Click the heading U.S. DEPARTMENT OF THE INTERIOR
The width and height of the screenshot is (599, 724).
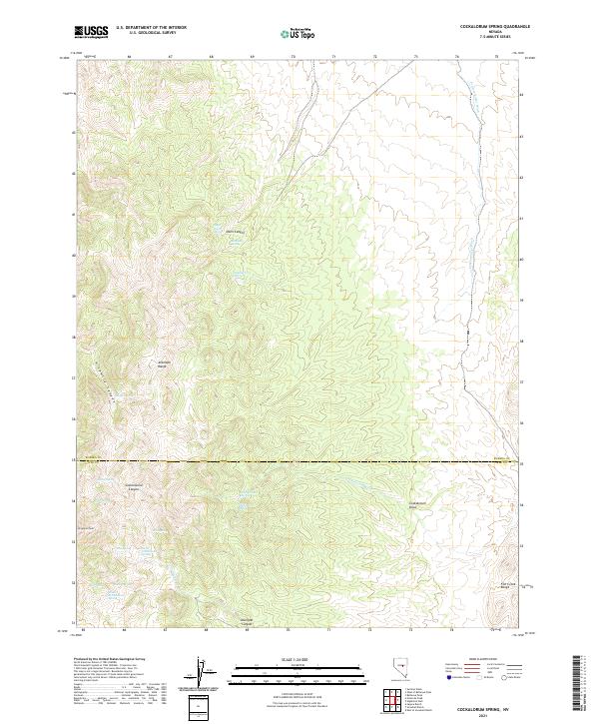click(152, 28)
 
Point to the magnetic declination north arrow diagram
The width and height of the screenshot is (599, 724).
click(200, 670)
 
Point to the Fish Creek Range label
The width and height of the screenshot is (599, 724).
click(507, 585)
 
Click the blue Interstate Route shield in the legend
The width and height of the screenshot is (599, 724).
click(448, 677)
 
